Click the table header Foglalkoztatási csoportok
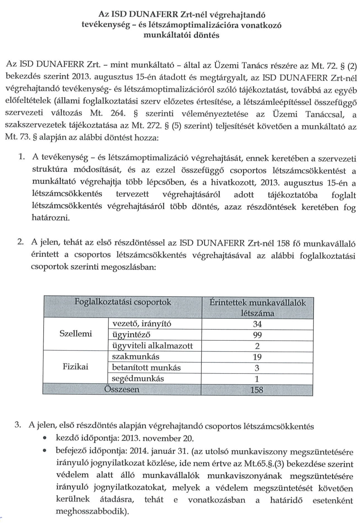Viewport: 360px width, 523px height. coord(123,302)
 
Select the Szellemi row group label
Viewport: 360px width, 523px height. coord(76,334)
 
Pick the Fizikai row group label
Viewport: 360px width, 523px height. coord(76,367)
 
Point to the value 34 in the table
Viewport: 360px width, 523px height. coord(257,324)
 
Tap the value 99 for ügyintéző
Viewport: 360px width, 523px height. coord(257,335)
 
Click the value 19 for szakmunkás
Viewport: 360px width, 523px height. coord(257,357)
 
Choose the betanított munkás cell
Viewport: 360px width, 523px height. coord(147,368)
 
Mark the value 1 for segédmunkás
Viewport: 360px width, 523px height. coord(257,379)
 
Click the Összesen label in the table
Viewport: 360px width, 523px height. coord(121,389)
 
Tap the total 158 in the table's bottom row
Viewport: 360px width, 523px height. coord(257,390)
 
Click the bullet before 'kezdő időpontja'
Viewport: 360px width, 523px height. coord(45,439)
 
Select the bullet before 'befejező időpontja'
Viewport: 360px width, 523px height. coord(45,451)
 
